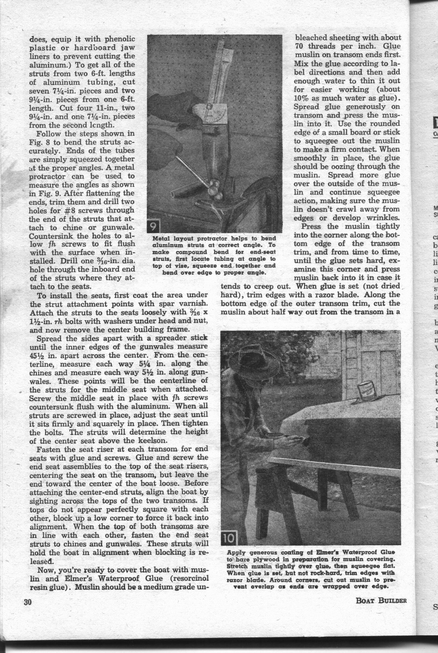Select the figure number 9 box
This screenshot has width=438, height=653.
pyautogui.click(x=153, y=227)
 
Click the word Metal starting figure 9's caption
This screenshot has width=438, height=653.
pyautogui.click(x=162, y=239)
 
